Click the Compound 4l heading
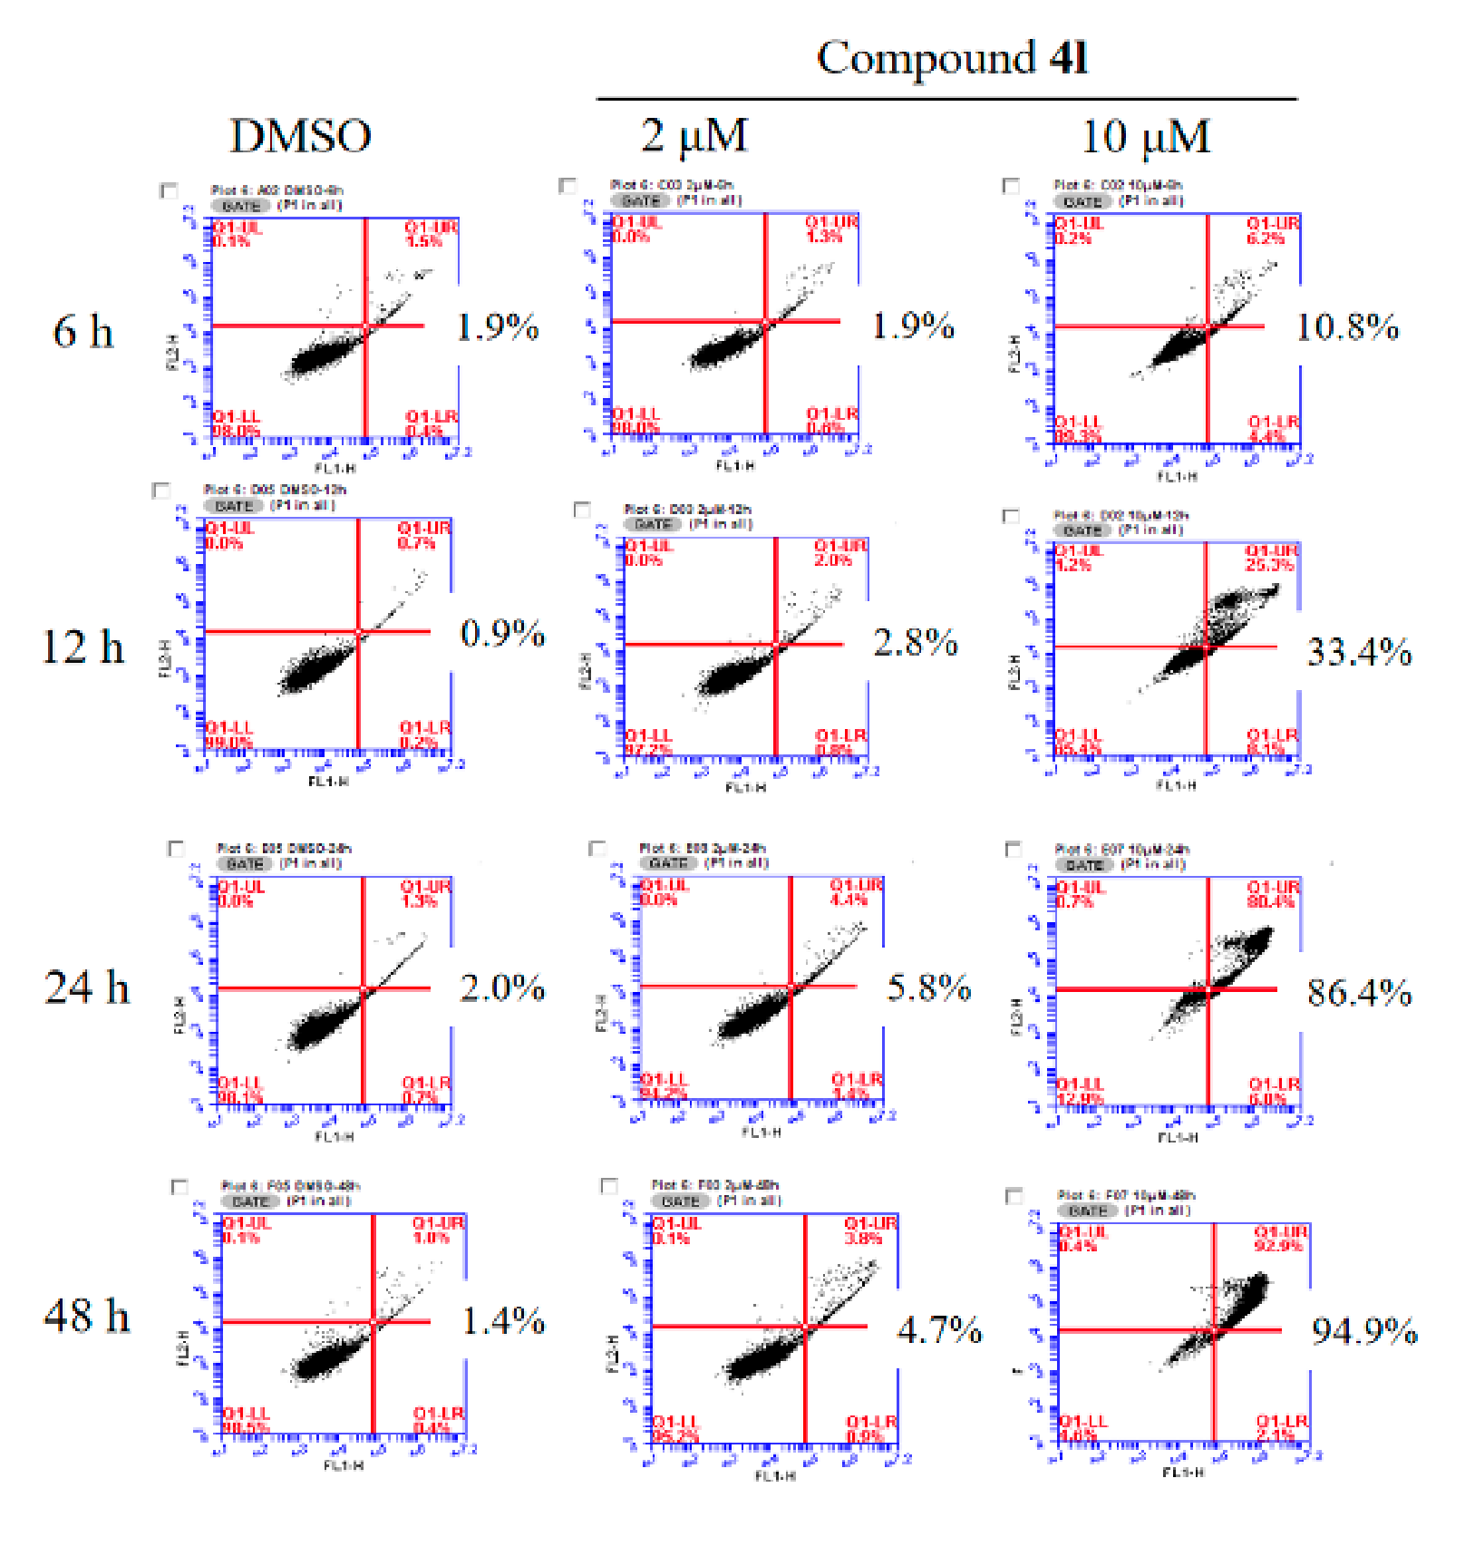pyautogui.click(x=952, y=58)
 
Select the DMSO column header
pyautogui.click(x=300, y=136)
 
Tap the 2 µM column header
pyautogui.click(x=694, y=136)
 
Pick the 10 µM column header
pyautogui.click(x=1146, y=137)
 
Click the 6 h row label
pyautogui.click(x=83, y=331)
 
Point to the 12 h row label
pyautogui.click(x=82, y=647)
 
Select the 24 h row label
pyautogui.click(x=87, y=987)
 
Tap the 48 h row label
pyautogui.click(x=87, y=1316)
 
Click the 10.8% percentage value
pyautogui.click(x=1347, y=327)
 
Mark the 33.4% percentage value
pyautogui.click(x=1358, y=652)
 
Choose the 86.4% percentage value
pyautogui.click(x=1358, y=993)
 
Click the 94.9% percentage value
pyautogui.click(x=1363, y=1331)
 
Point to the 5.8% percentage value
pyautogui.click(x=928, y=987)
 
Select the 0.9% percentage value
pyautogui.click(x=502, y=633)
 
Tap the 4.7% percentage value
pyautogui.click(x=938, y=1330)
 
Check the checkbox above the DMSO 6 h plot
pyautogui.click(x=169, y=190)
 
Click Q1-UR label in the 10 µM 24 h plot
pyautogui.click(x=1273, y=887)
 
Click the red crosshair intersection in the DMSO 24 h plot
pyautogui.click(x=364, y=988)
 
